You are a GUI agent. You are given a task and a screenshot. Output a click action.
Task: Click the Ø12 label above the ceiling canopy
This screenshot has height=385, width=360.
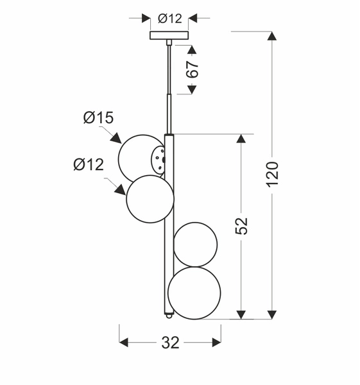(x=169, y=19)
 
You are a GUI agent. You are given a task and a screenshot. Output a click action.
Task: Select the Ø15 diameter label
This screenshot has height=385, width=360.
(x=98, y=117)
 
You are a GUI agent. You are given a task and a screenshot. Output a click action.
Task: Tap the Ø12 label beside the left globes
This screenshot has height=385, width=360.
(x=89, y=165)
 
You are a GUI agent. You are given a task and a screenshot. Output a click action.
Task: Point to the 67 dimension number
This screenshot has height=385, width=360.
(x=193, y=70)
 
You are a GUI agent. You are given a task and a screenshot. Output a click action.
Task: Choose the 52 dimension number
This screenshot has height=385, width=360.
(x=241, y=225)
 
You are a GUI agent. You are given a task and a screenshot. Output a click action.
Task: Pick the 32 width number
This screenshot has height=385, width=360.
(x=170, y=343)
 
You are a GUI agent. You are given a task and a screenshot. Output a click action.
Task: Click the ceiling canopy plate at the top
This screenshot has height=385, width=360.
(x=169, y=35)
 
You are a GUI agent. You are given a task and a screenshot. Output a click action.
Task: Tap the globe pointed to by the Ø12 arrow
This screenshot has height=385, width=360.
(x=150, y=199)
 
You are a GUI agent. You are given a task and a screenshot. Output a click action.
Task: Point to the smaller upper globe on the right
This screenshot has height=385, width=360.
(x=196, y=244)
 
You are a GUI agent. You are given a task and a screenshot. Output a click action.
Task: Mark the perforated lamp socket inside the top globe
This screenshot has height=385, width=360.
(x=158, y=156)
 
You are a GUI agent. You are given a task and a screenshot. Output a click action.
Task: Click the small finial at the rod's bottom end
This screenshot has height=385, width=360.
(x=169, y=314)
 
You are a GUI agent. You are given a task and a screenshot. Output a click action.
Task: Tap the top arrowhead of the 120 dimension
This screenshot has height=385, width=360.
(x=272, y=37)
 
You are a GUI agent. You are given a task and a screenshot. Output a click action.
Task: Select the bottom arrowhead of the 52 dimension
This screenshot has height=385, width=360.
(x=241, y=314)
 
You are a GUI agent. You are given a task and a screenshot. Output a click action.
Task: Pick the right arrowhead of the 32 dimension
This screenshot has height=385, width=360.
(x=216, y=343)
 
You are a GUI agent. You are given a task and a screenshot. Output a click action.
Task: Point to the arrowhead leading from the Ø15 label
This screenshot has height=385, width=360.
(x=116, y=138)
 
